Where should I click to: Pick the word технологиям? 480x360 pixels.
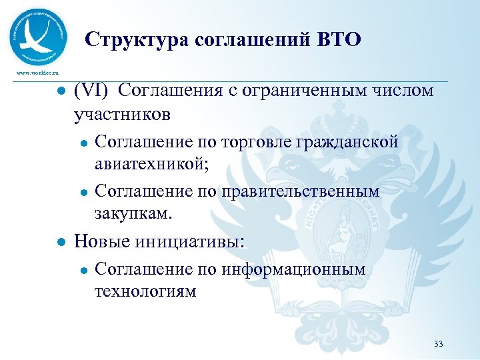pyautogui.click(x=145, y=291)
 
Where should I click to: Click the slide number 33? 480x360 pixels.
pyautogui.click(x=438, y=344)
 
